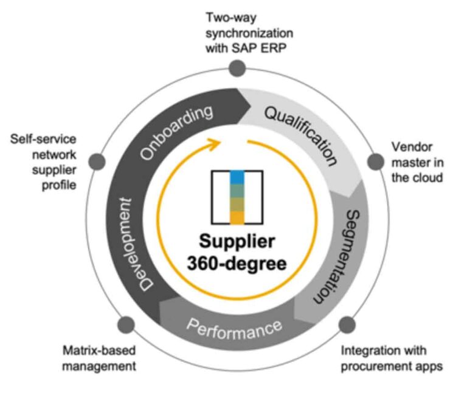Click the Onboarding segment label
178,132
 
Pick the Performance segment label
234,328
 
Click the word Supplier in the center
237,242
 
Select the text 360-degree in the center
237,265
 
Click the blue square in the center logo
237,177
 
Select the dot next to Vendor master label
373,162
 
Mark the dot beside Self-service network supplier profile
95,162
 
